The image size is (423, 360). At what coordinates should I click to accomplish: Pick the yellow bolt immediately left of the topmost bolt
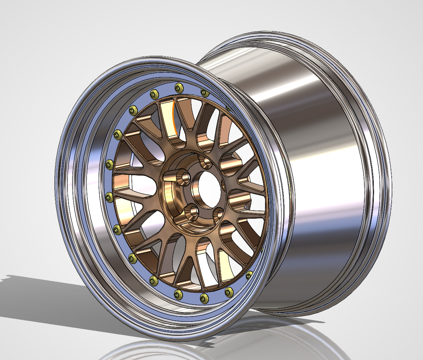point(154,94)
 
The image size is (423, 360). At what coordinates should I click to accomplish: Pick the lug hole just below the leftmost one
point(193,212)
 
